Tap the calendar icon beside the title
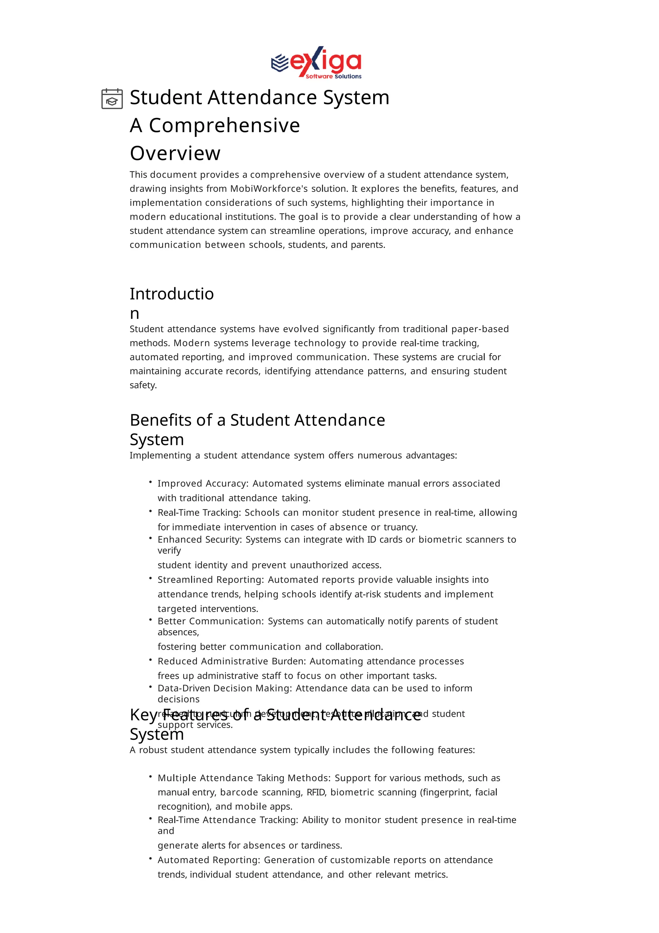point(112,99)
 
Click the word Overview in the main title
point(175,153)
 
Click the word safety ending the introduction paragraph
point(143,385)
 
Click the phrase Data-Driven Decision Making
point(225,688)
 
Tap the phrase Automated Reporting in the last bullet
point(209,860)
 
